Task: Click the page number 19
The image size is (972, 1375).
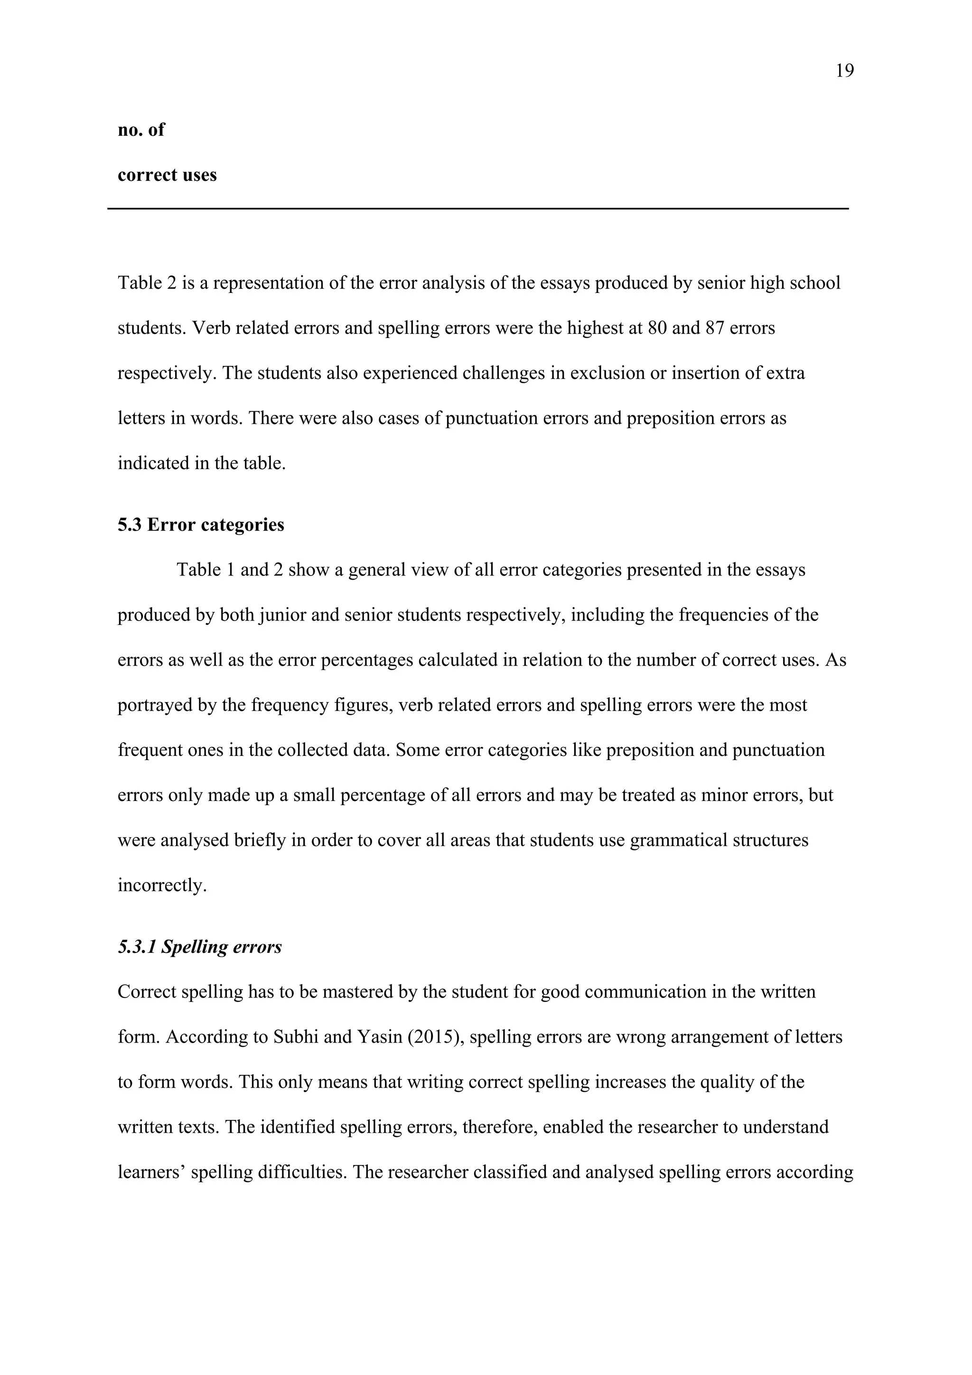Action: pyautogui.click(x=844, y=71)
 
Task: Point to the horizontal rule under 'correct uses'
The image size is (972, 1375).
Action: pyautogui.click(x=477, y=208)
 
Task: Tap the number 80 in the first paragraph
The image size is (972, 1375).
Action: pyautogui.click(x=658, y=328)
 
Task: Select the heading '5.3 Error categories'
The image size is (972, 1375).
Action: pyautogui.click(x=200, y=525)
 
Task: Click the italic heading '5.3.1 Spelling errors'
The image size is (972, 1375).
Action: pyautogui.click(x=199, y=947)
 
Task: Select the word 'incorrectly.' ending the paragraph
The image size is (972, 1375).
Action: pyautogui.click(x=161, y=885)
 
